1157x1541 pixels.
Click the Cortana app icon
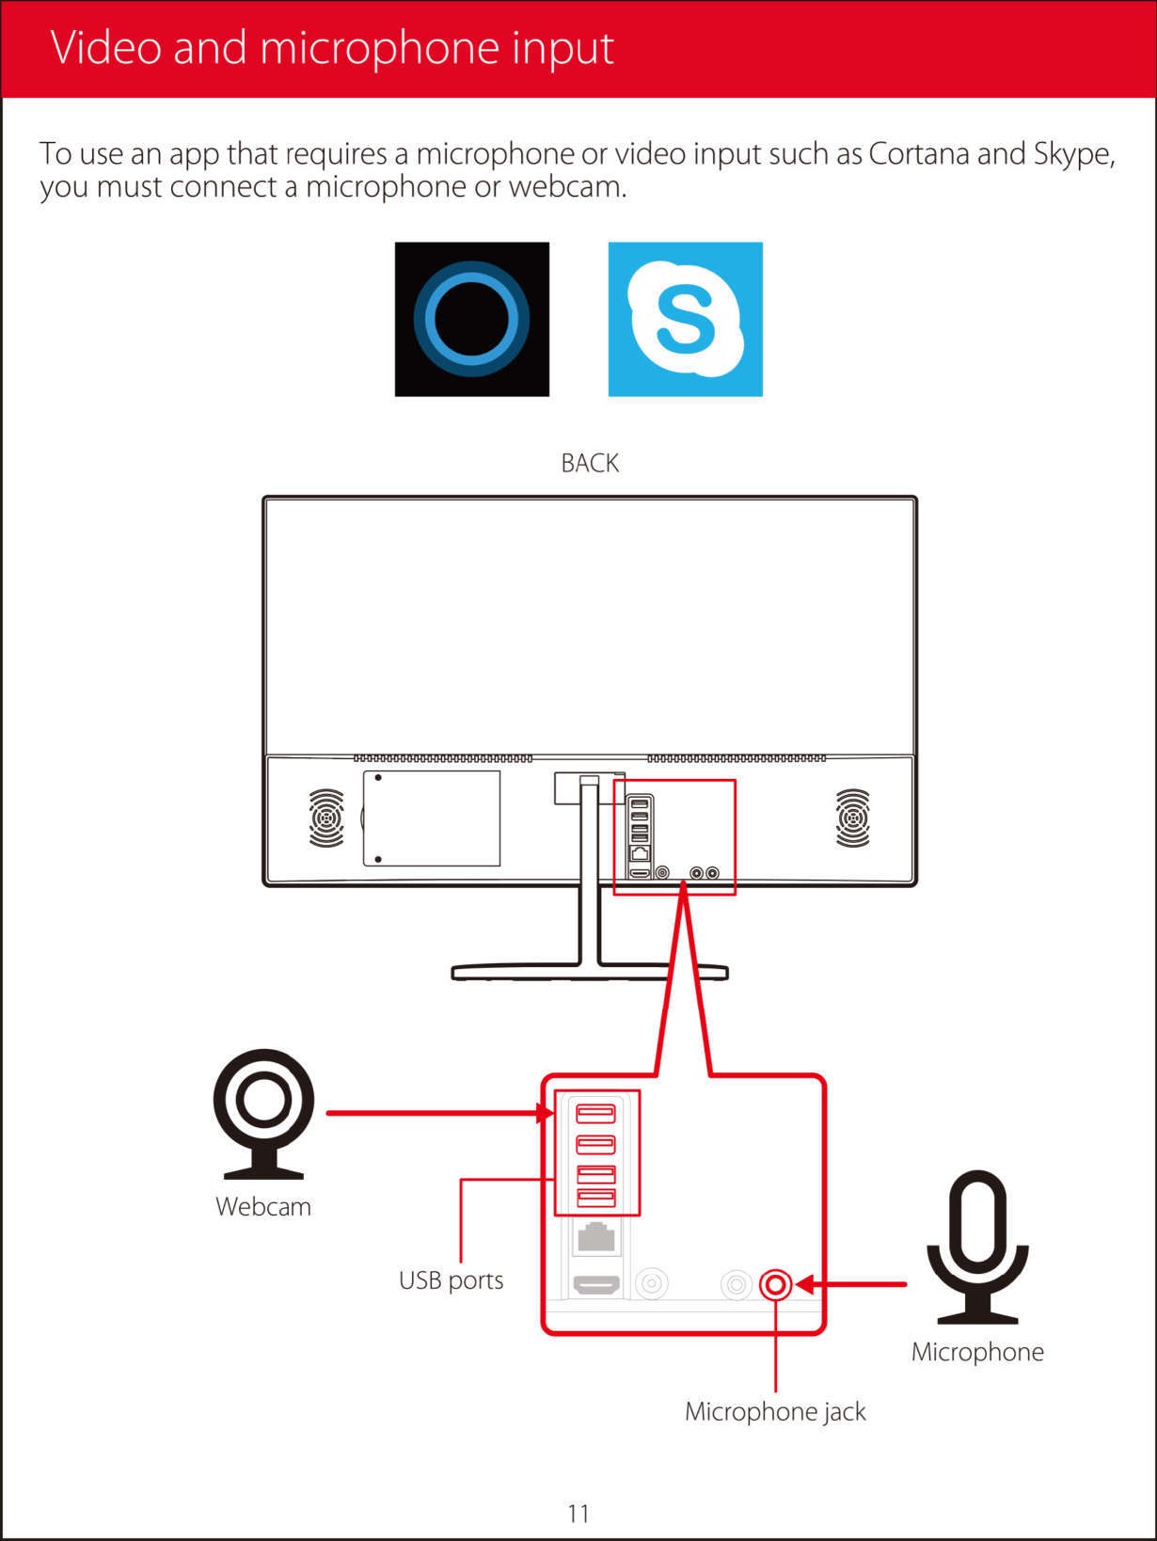[x=471, y=319]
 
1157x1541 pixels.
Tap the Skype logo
[x=685, y=319]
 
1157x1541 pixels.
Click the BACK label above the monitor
[x=590, y=463]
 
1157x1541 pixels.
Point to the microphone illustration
[x=977, y=1246]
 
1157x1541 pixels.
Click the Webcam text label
[x=263, y=1207]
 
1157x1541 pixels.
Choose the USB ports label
[x=451, y=1280]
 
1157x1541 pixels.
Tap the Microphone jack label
[x=775, y=1411]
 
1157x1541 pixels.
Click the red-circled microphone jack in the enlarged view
[x=775, y=1284]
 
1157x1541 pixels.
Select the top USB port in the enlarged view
[x=595, y=1114]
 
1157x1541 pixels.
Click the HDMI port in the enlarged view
[x=596, y=1284]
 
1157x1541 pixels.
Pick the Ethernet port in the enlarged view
[x=595, y=1236]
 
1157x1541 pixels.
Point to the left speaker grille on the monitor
[x=326, y=818]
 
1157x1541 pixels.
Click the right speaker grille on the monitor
[x=852, y=818]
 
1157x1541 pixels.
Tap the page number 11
[x=578, y=1513]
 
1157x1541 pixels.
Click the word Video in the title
[x=106, y=48]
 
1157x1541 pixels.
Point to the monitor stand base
[x=590, y=972]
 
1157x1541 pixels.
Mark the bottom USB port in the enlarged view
[x=595, y=1198]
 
